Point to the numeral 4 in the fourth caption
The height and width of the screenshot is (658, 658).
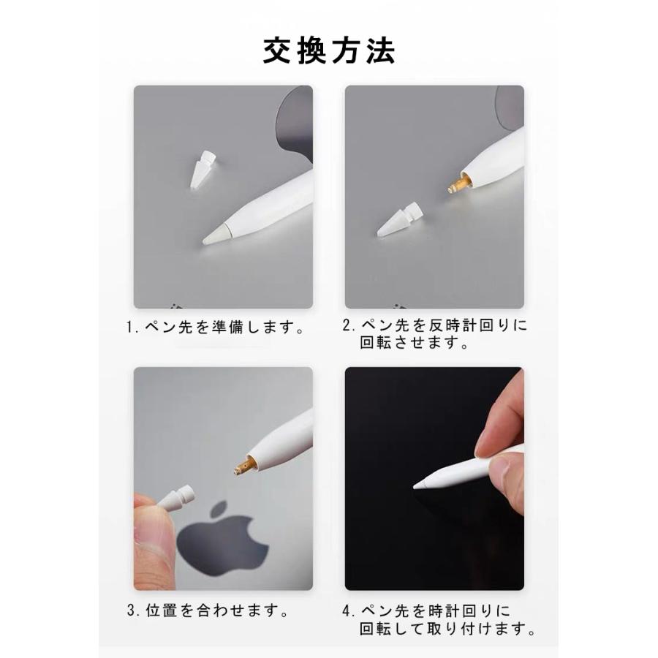pos(349,610)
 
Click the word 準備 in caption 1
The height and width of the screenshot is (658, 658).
pos(223,328)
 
